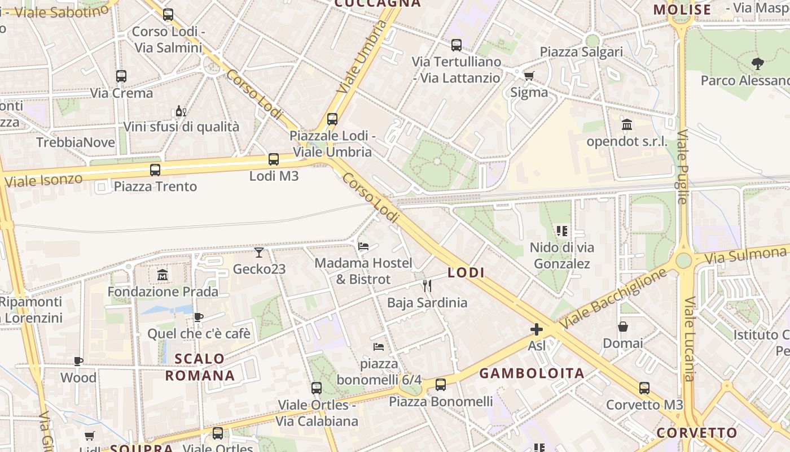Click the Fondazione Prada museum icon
pyautogui.click(x=163, y=275)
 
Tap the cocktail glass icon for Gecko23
pyautogui.click(x=259, y=252)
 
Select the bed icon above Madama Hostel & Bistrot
pyautogui.click(x=363, y=246)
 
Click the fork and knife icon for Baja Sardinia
pyautogui.click(x=427, y=286)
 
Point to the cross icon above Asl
pyautogui.click(x=537, y=329)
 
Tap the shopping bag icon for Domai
pyautogui.click(x=623, y=327)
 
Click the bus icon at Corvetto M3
pyautogui.click(x=644, y=388)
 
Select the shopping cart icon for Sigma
pyautogui.click(x=529, y=76)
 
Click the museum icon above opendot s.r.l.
pyautogui.click(x=627, y=124)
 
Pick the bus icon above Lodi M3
pyautogui.click(x=274, y=159)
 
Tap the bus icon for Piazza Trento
pyautogui.click(x=155, y=169)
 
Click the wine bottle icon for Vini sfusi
pyautogui.click(x=181, y=111)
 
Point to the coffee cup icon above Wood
pyautogui.click(x=78, y=361)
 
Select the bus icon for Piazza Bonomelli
pyautogui.click(x=441, y=385)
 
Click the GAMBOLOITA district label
pyautogui.click(x=532, y=373)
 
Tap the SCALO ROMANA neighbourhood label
pyautogui.click(x=200, y=367)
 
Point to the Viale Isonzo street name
pyautogui.click(x=43, y=180)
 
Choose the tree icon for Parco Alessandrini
pyautogui.click(x=758, y=64)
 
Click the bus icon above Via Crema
pyautogui.click(x=121, y=76)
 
